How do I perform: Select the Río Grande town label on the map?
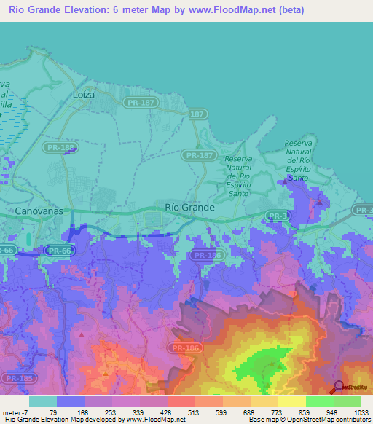point(190,207)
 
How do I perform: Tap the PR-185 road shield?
point(20,378)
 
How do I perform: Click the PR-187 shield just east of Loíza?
point(138,103)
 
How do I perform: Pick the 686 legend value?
point(250,412)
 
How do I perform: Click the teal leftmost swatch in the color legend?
point(42,401)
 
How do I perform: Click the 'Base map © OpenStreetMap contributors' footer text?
point(309,420)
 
